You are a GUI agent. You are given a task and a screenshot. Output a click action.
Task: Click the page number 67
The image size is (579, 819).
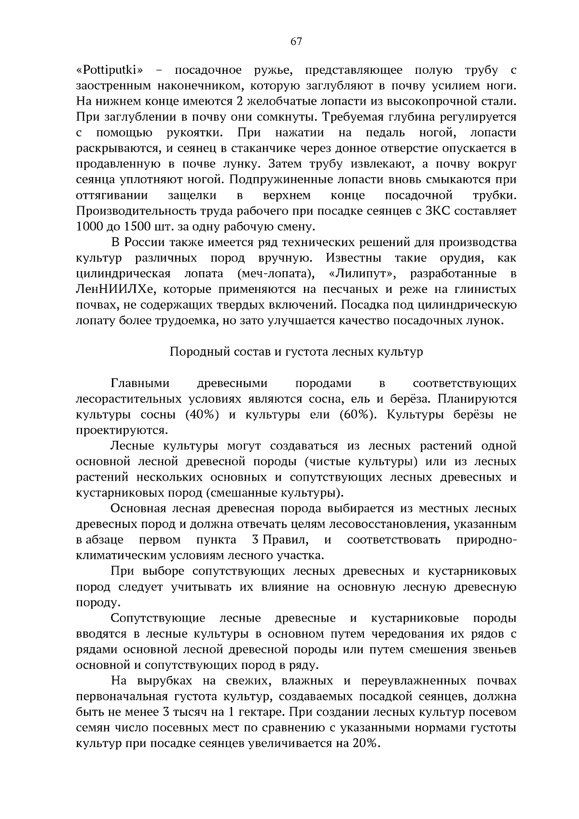point(296,42)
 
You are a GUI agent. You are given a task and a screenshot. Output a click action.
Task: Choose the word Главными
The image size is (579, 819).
point(140,384)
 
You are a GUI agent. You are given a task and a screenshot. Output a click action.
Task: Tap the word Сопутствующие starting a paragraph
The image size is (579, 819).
point(158,619)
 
